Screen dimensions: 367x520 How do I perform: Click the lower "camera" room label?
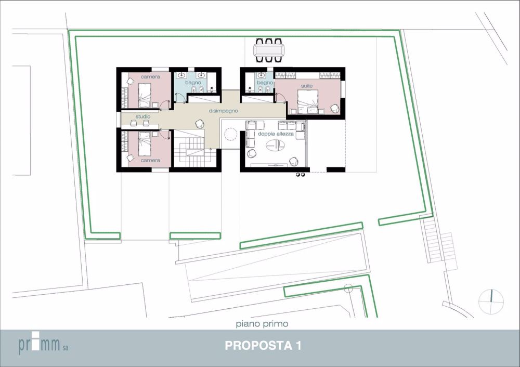(x=150, y=160)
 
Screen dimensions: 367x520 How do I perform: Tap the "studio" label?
(x=143, y=116)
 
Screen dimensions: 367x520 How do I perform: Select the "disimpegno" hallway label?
(x=223, y=111)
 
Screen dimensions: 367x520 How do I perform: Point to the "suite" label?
(x=306, y=85)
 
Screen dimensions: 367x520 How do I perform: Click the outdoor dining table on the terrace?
(x=268, y=50)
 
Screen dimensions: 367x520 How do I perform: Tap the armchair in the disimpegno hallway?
(x=199, y=123)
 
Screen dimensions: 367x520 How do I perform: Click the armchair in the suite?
(x=335, y=108)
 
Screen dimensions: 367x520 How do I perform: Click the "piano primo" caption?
(x=262, y=324)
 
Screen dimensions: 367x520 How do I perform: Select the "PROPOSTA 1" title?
(x=263, y=346)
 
